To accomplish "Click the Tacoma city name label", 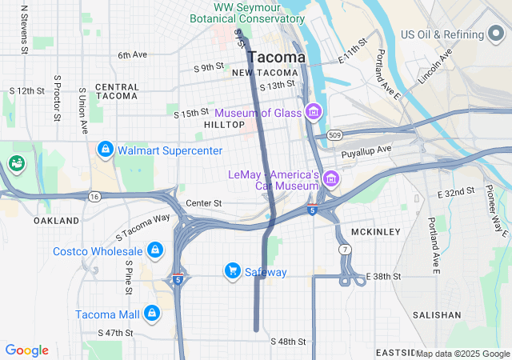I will point(276,58).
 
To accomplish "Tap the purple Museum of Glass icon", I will point(314,112).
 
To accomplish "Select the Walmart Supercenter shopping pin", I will point(105,150).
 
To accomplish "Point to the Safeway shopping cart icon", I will point(233,272).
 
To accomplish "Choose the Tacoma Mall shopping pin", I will point(151,314).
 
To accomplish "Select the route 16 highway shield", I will point(94,196).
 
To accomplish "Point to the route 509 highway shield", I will point(335,135).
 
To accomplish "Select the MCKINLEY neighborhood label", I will point(375,232).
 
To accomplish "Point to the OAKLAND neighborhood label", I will point(56,220).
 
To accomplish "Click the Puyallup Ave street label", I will point(366,150).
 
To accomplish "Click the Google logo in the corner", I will point(26,350).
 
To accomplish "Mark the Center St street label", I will point(203,203).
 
